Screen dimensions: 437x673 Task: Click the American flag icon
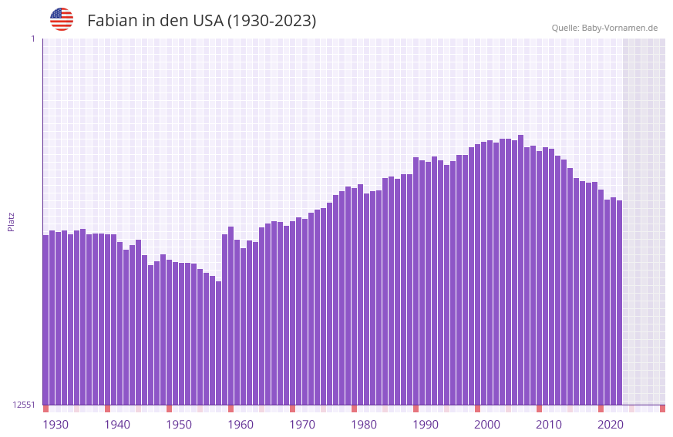click(62, 19)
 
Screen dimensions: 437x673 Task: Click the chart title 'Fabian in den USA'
click(201, 21)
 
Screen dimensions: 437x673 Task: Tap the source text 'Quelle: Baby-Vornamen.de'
click(604, 28)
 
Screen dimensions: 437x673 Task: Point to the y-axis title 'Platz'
click(11, 221)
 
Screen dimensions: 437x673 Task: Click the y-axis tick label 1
click(32, 39)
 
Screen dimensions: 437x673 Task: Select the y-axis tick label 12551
click(23, 405)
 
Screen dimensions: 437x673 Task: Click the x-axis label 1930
click(56, 425)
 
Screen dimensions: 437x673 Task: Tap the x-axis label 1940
click(117, 425)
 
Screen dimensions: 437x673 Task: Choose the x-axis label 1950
click(179, 425)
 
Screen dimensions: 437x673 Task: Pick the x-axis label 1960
click(241, 425)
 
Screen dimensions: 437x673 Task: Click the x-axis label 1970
click(302, 425)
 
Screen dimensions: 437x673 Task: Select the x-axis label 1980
click(364, 425)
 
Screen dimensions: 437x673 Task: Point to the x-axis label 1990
click(426, 425)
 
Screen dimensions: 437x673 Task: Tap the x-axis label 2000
click(487, 425)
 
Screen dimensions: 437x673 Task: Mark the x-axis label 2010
click(549, 425)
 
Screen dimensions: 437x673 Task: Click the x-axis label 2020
click(611, 425)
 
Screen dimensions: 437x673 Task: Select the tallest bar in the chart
click(521, 270)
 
